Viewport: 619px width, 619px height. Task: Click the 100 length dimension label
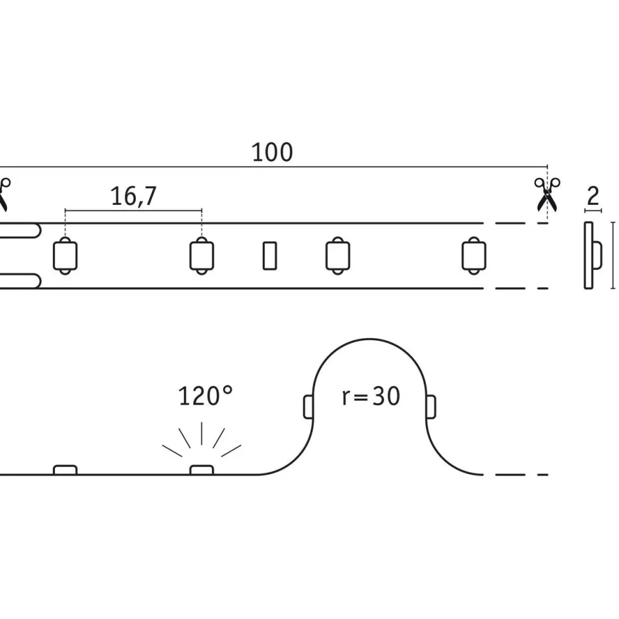click(x=272, y=153)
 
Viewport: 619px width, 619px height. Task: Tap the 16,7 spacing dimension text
click(x=133, y=196)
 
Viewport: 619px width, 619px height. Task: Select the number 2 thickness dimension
click(x=593, y=196)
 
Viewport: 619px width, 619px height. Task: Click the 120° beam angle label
click(x=205, y=396)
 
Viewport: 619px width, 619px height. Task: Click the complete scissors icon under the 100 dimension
click(x=547, y=194)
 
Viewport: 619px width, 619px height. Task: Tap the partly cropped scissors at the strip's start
click(x=4, y=194)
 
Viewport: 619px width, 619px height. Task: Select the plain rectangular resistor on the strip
click(x=270, y=256)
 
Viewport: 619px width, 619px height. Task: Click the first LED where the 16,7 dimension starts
click(x=65, y=256)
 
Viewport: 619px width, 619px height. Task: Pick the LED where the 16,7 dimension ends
click(x=202, y=256)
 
